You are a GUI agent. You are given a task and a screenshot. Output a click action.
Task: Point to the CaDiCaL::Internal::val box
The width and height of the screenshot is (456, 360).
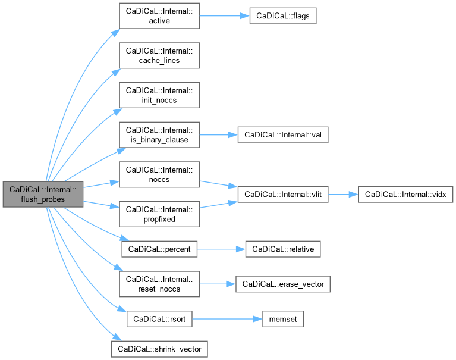(x=282, y=135)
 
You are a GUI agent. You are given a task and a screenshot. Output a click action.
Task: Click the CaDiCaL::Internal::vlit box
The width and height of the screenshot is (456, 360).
(x=282, y=195)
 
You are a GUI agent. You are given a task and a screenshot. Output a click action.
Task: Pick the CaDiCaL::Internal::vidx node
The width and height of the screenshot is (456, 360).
(x=406, y=195)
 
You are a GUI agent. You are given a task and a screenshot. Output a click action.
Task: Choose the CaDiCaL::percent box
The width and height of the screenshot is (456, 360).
(x=159, y=249)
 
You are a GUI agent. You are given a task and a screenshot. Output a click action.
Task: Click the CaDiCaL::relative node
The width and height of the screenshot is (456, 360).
(x=283, y=249)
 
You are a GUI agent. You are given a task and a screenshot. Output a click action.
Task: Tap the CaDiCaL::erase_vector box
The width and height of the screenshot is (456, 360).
(x=282, y=284)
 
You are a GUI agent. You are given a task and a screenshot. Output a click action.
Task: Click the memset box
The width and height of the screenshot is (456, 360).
(x=283, y=319)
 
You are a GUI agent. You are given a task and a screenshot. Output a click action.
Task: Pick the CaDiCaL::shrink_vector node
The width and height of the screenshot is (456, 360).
(x=159, y=348)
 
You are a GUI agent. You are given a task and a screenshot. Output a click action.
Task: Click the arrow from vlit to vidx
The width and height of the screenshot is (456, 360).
(x=343, y=195)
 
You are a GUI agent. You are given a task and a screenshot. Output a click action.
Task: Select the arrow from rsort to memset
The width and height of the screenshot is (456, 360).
(x=225, y=319)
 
